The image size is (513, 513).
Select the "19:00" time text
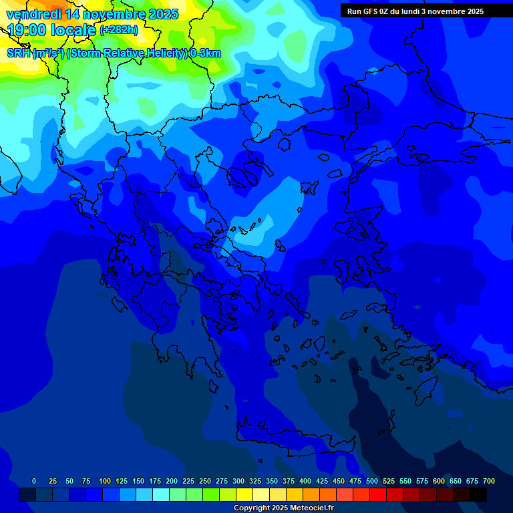coord(27,29)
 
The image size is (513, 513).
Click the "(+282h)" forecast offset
coord(119,30)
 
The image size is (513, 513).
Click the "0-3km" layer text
coord(206,53)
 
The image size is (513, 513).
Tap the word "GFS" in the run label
coord(371,11)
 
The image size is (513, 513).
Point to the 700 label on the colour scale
coord(489,481)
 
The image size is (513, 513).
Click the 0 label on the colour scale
coord(34,481)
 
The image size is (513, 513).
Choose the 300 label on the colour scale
coord(238,481)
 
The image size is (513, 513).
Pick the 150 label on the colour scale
coord(138,481)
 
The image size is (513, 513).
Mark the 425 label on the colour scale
coord(322,481)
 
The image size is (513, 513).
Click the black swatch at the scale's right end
coord(478,494)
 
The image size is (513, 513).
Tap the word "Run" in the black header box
coord(353,11)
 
